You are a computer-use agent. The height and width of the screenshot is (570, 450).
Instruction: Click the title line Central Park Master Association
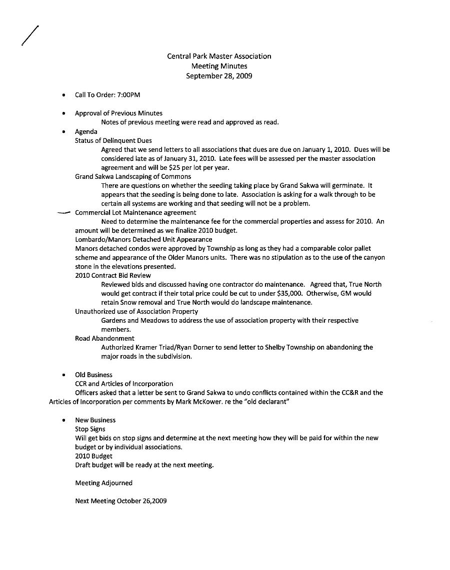tap(219, 56)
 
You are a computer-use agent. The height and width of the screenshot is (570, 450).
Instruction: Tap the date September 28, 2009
tap(219, 76)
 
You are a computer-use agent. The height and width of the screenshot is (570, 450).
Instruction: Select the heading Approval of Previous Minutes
tap(118, 113)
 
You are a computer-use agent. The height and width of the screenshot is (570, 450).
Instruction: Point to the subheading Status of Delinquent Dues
tap(113, 140)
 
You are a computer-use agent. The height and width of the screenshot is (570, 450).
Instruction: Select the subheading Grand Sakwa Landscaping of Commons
tap(132, 176)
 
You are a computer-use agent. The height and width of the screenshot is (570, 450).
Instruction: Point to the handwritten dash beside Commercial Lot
tap(64, 213)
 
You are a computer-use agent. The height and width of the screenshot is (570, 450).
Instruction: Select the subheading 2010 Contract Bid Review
tap(112, 275)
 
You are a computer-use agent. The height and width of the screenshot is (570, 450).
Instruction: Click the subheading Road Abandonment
tap(104, 338)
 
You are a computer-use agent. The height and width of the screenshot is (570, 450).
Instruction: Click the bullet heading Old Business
tap(93, 375)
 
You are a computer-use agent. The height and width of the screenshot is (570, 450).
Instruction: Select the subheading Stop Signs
tap(90, 429)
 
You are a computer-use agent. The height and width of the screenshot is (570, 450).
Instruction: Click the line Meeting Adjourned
tap(103, 483)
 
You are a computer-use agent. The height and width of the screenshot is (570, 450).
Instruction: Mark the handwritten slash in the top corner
tap(30, 35)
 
